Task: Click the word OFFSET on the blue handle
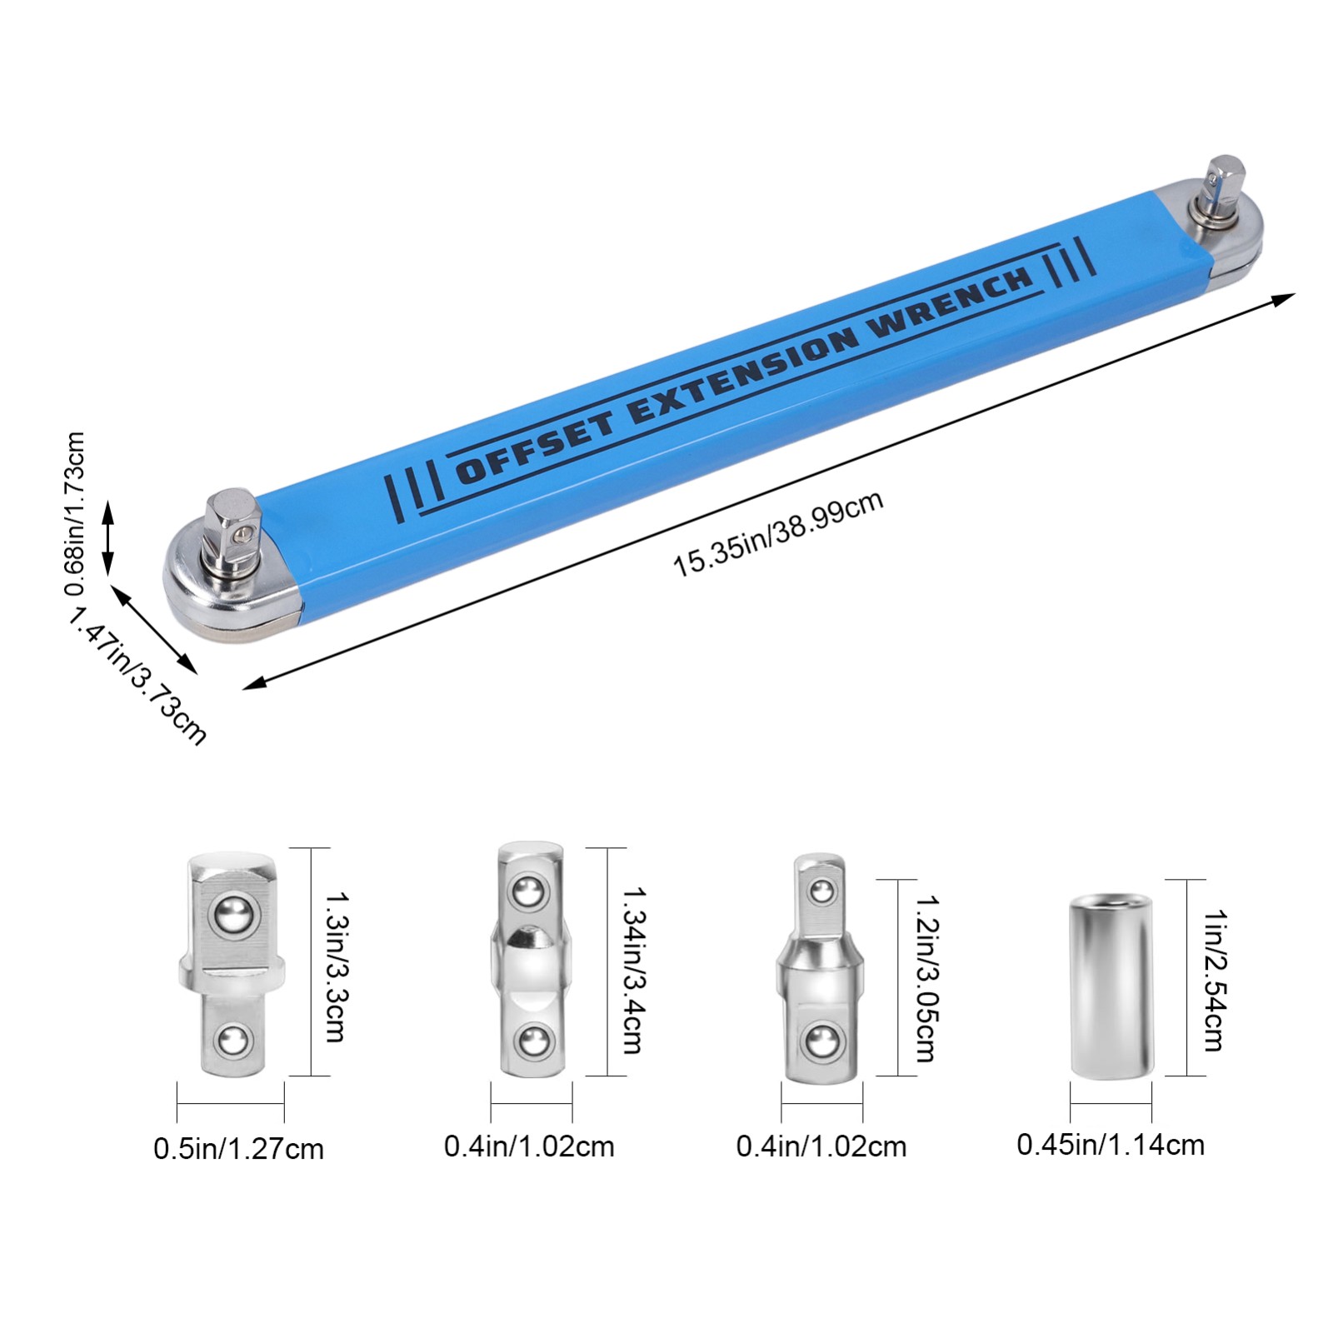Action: (536, 447)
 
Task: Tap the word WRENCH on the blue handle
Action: (949, 301)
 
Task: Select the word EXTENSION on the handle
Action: (742, 374)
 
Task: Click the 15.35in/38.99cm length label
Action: (777, 534)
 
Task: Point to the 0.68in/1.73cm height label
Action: (75, 513)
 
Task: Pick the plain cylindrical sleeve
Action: (1111, 986)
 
